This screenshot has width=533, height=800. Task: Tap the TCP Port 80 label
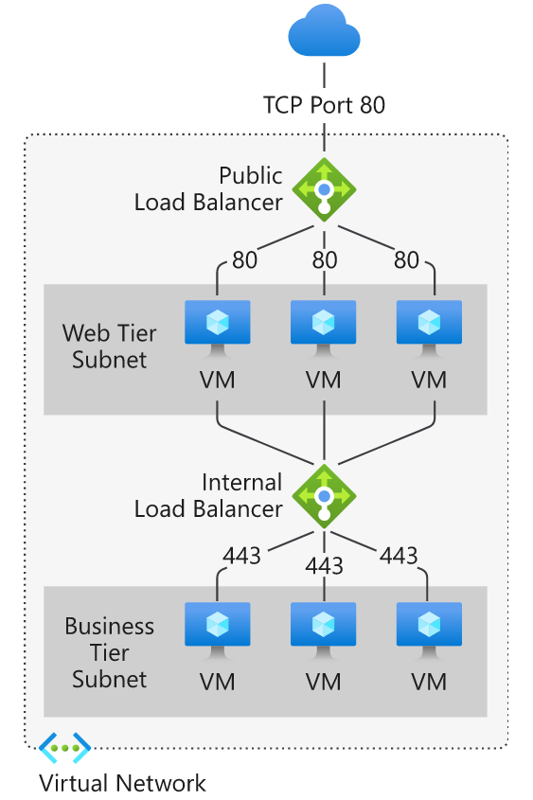pyautogui.click(x=324, y=104)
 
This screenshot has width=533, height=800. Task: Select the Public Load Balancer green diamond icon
pyautogui.click(x=324, y=189)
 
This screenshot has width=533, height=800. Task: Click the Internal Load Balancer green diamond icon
pyautogui.click(x=324, y=495)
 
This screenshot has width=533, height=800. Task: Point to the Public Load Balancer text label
pyautogui.click(x=208, y=188)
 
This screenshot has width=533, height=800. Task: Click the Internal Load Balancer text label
pyautogui.click(x=208, y=495)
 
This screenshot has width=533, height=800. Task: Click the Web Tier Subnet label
pyautogui.click(x=109, y=347)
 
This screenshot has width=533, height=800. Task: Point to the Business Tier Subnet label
pyautogui.click(x=109, y=652)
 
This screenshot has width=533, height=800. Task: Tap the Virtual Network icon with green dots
pyautogui.click(x=64, y=748)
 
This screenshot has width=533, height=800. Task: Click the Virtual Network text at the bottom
pyautogui.click(x=122, y=783)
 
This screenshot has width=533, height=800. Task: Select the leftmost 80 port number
pyautogui.click(x=244, y=259)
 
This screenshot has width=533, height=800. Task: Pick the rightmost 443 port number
pyautogui.click(x=398, y=556)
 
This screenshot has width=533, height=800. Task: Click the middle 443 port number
pyautogui.click(x=324, y=565)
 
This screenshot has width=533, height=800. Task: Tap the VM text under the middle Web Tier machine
pyautogui.click(x=324, y=381)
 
